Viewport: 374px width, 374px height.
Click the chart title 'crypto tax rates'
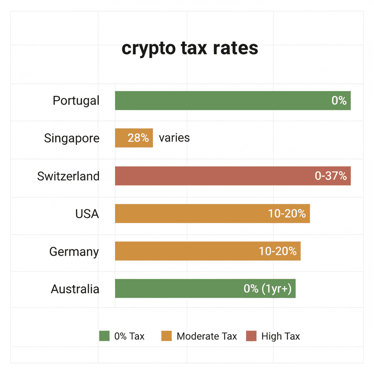pyautogui.click(x=190, y=48)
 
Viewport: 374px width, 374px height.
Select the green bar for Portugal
pyautogui.click(x=219, y=100)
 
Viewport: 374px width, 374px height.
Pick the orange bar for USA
pyautogui.click(x=190, y=213)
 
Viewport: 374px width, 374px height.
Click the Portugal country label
pyautogui.click(x=76, y=100)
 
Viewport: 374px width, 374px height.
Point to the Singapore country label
pyautogui.click(x=72, y=138)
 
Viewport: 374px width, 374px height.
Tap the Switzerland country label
pyautogui.click(x=68, y=176)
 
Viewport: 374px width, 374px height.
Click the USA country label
pyautogui.click(x=87, y=214)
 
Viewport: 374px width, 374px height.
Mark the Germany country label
pyautogui.click(x=74, y=251)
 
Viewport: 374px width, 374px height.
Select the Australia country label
pyautogui.click(x=75, y=289)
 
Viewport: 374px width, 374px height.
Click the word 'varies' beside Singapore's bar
pyautogui.click(x=174, y=138)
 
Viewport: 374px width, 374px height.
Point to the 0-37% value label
pyautogui.click(x=331, y=176)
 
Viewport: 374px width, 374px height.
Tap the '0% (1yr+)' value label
pyautogui.click(x=267, y=289)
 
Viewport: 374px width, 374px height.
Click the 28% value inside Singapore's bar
pyautogui.click(x=138, y=138)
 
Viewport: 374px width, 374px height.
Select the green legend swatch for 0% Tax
pyautogui.click(x=104, y=336)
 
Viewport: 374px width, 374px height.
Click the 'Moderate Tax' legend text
pyautogui.click(x=207, y=336)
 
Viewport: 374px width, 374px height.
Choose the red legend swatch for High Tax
pyautogui.click(x=251, y=336)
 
